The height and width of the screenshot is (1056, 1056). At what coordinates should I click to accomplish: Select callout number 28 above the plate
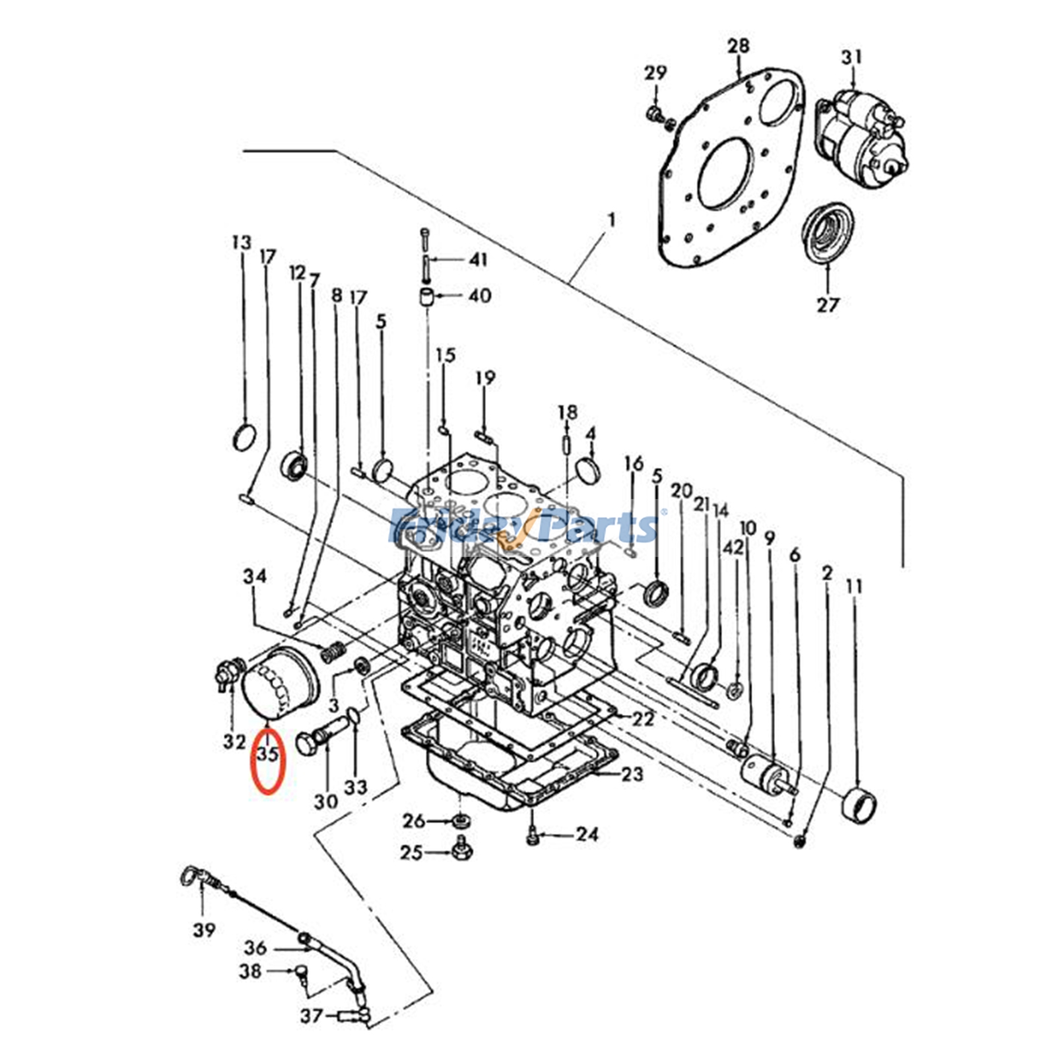(739, 46)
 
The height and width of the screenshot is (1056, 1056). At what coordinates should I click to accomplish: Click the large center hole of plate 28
(725, 174)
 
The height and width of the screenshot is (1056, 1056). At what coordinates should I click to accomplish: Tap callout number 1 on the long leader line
(611, 220)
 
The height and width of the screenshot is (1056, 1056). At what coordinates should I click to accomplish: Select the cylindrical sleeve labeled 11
(861, 803)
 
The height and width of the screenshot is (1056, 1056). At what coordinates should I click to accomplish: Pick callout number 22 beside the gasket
(642, 719)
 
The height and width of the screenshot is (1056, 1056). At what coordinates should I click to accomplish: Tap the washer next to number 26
(460, 821)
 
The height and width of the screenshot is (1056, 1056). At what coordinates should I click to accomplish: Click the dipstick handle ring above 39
(188, 876)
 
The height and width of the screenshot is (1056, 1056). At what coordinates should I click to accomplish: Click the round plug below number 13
(245, 437)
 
